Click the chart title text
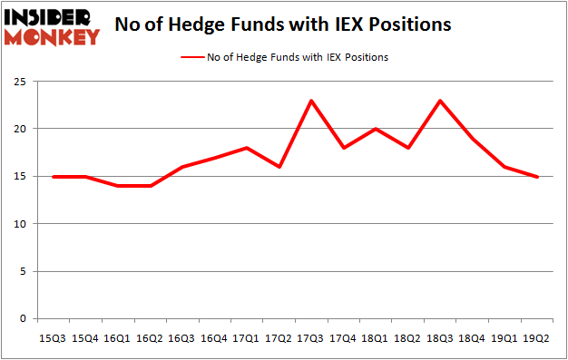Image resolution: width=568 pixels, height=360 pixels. tap(282, 25)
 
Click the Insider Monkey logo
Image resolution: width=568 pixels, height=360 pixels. tap(52, 26)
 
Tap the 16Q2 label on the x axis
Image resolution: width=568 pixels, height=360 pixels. tap(150, 338)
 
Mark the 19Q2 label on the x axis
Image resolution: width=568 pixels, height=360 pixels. tap(535, 338)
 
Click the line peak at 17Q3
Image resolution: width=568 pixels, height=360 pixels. tap(311, 101)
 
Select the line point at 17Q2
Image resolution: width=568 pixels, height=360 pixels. tap(279, 167)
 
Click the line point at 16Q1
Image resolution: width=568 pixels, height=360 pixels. tap(118, 186)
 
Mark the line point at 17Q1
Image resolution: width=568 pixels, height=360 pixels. tap(247, 148)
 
